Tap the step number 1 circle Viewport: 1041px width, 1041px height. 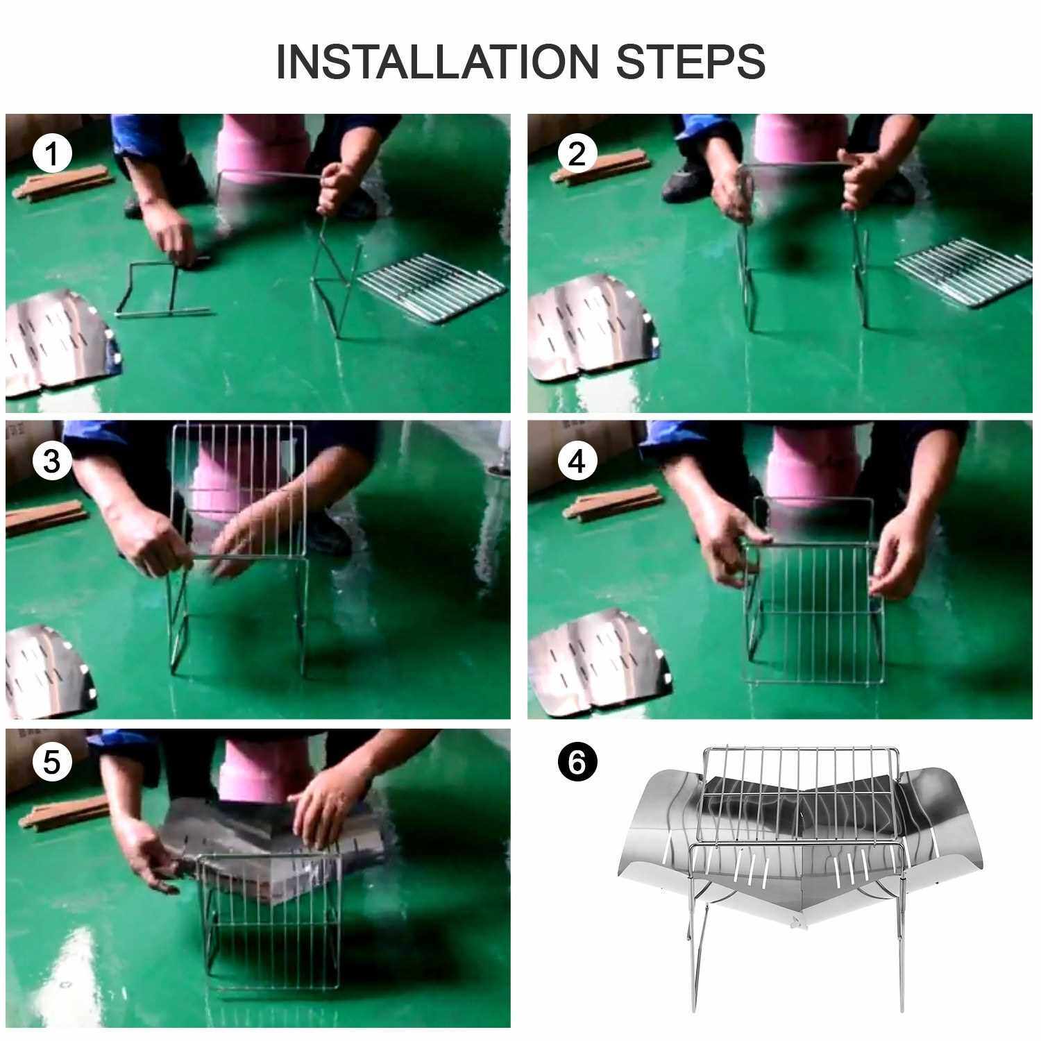click(x=52, y=154)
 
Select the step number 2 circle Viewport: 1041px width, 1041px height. click(x=577, y=154)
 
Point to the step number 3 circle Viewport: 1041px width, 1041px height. click(x=52, y=461)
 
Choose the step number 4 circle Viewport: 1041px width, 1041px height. click(x=577, y=461)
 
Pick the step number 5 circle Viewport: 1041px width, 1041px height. click(x=52, y=762)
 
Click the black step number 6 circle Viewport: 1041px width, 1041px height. click(x=577, y=762)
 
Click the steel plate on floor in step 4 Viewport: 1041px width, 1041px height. click(x=600, y=660)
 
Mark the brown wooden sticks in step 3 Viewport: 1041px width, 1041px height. click(x=47, y=517)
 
